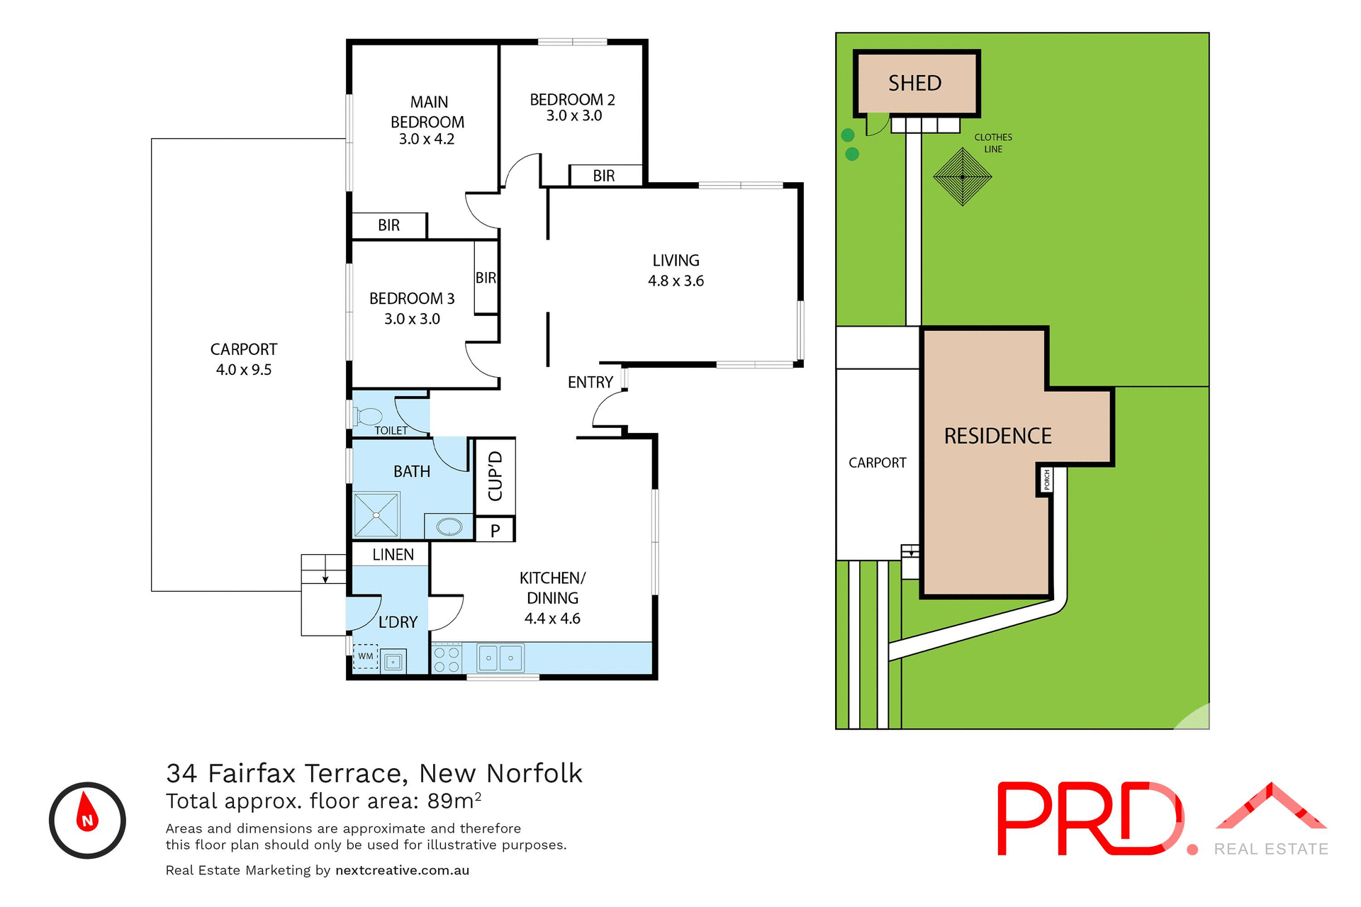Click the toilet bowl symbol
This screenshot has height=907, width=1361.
[369, 416]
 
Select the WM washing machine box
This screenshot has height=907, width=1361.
[366, 657]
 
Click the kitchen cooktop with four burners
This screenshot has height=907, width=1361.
[447, 659]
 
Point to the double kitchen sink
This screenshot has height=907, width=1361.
[500, 658]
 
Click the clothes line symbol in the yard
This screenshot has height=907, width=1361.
[962, 176]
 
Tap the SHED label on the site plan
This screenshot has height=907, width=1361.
[915, 84]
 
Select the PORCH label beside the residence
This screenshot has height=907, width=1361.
[1046, 480]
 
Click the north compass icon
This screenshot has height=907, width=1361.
[87, 820]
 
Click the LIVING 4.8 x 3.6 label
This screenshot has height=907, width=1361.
[676, 271]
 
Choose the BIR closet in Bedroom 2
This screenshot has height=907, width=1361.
[604, 176]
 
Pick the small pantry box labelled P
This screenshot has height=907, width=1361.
[495, 530]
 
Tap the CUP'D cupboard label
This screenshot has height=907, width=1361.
[495, 476]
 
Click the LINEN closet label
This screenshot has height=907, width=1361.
[393, 555]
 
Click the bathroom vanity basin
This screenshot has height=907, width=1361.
[449, 526]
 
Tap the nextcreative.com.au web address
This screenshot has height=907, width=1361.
[402, 870]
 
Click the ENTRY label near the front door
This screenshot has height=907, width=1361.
[590, 383]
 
